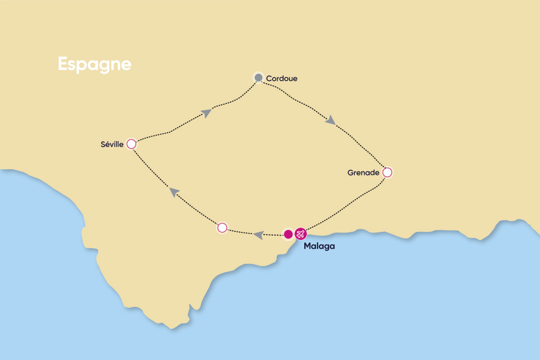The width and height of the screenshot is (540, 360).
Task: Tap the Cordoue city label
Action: point(282,79)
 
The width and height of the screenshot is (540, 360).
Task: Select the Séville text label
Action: point(111,144)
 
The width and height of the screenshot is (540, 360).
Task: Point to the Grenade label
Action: point(363,172)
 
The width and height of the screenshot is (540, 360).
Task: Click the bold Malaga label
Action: point(319,246)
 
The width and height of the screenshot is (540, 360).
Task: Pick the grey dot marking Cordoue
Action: point(258,77)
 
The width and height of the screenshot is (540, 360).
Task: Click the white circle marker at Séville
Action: point(131,143)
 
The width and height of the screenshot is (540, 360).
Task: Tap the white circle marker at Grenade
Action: point(387,172)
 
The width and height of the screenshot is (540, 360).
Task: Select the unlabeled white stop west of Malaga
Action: point(222,228)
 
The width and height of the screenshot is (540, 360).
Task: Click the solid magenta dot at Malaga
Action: point(288,233)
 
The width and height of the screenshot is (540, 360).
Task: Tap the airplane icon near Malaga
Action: point(301,233)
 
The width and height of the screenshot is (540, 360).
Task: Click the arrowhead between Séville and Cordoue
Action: point(207,112)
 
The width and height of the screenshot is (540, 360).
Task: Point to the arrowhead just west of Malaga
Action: point(258,235)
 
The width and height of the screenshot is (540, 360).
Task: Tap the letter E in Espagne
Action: point(63,64)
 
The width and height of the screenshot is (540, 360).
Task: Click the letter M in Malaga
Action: point(307,246)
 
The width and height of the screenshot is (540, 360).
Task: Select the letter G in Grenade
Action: point(350,172)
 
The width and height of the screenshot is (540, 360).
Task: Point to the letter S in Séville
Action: point(103,144)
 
